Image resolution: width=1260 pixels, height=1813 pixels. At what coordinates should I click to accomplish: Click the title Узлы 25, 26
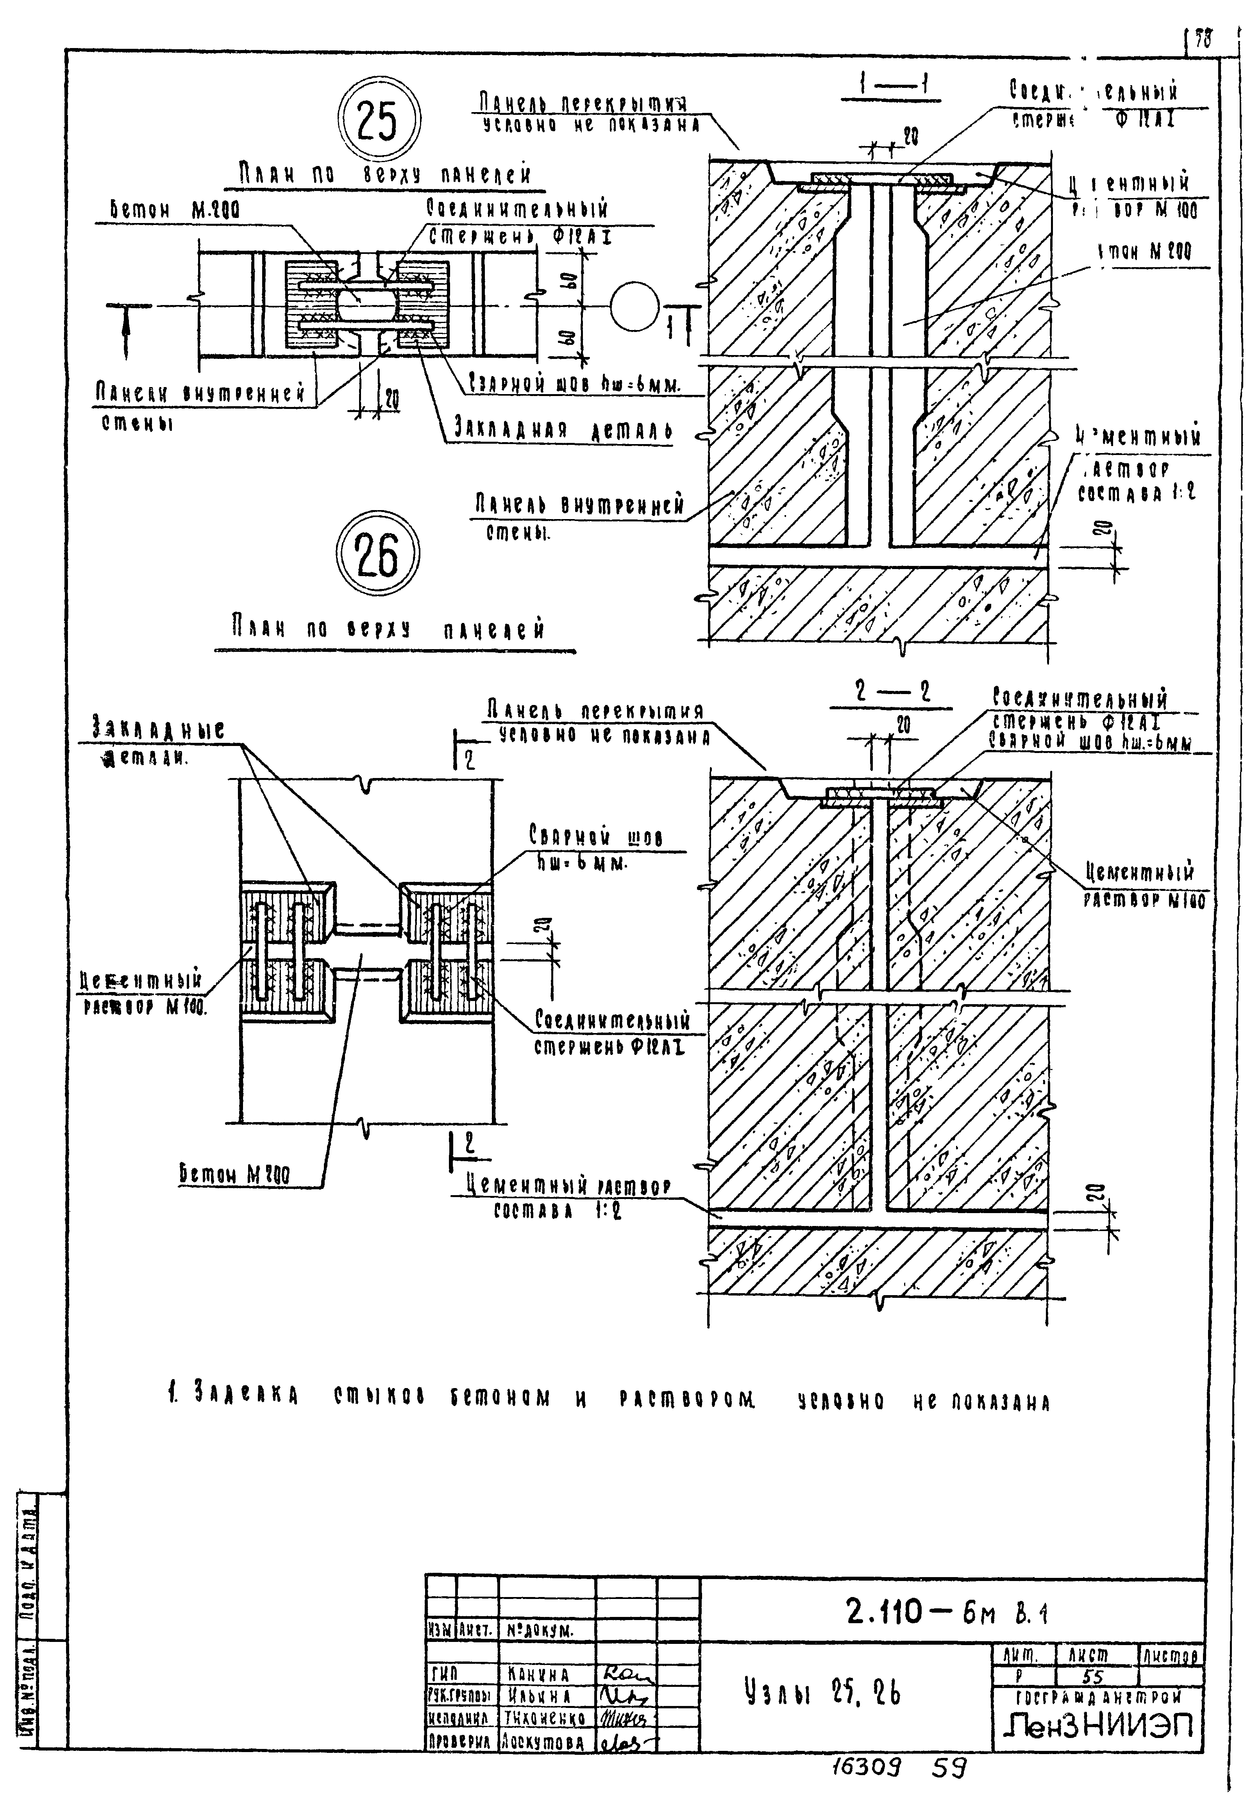821,1692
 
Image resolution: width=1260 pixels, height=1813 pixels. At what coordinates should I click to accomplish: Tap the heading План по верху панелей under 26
388,629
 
